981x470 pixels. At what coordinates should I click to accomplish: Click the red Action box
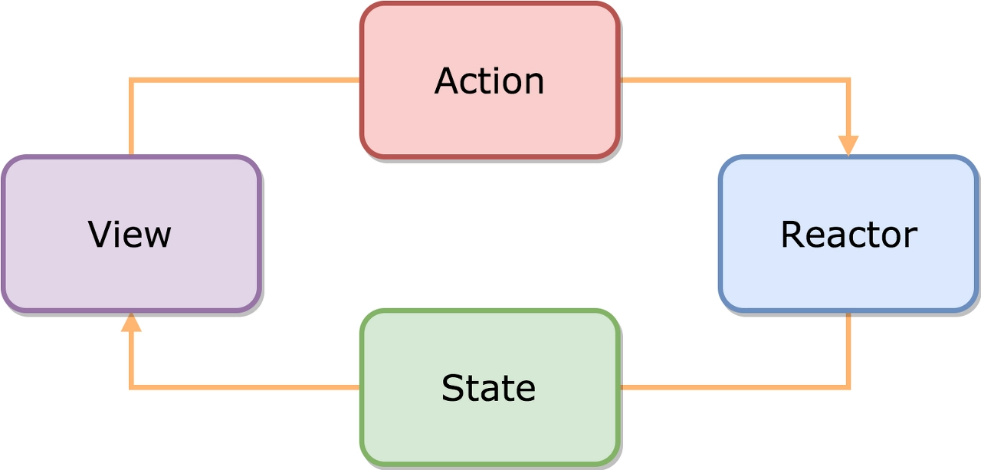tap(490, 81)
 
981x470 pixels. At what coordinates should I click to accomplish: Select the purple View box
tap(131, 234)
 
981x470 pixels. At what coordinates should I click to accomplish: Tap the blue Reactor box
tap(848, 234)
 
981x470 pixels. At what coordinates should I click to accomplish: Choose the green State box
tap(490, 388)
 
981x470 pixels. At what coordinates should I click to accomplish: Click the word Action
tap(489, 81)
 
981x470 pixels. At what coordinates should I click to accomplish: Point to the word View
tap(130, 235)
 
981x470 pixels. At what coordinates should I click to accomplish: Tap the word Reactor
tap(848, 235)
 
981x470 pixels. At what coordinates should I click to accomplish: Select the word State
tap(488, 388)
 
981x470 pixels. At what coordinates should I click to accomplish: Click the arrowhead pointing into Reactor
tap(848, 146)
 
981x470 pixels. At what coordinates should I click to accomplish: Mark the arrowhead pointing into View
tap(131, 322)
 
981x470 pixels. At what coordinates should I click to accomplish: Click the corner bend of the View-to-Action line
tap(131, 81)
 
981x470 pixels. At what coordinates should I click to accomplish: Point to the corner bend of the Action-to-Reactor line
tap(848, 81)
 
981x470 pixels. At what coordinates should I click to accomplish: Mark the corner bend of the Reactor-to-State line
tap(848, 387)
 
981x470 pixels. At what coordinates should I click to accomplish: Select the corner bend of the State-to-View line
tap(131, 387)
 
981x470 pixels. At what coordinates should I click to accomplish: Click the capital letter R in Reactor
tap(792, 235)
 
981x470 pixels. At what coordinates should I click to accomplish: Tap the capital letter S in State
tap(451, 388)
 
